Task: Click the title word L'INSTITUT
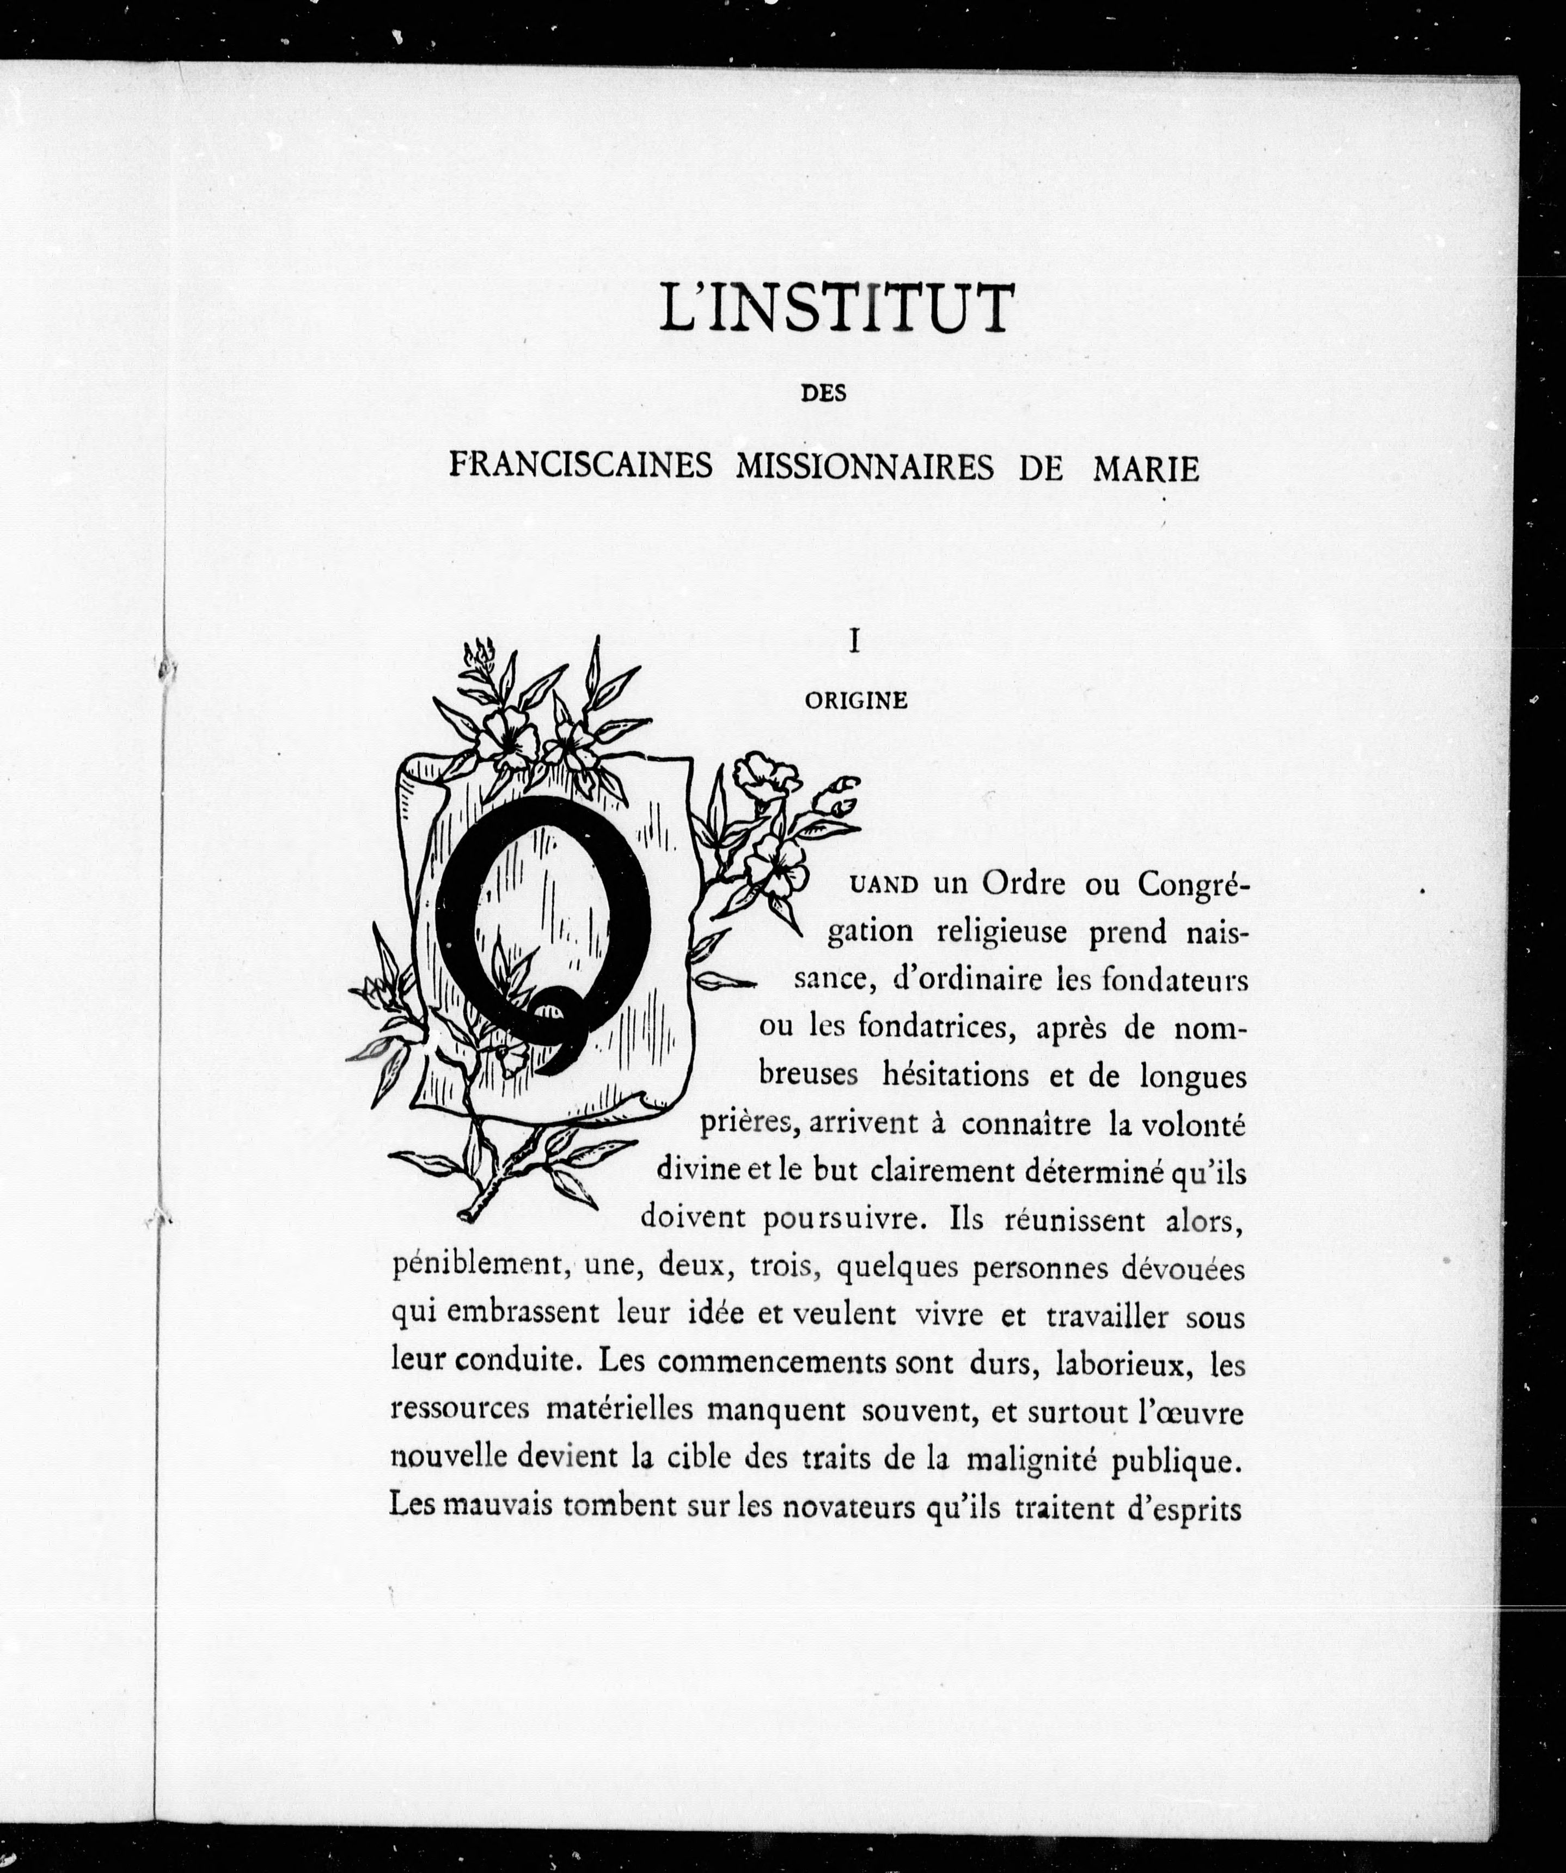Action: [836, 309]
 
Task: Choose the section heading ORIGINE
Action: [855, 701]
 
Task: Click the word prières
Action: [748, 1124]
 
